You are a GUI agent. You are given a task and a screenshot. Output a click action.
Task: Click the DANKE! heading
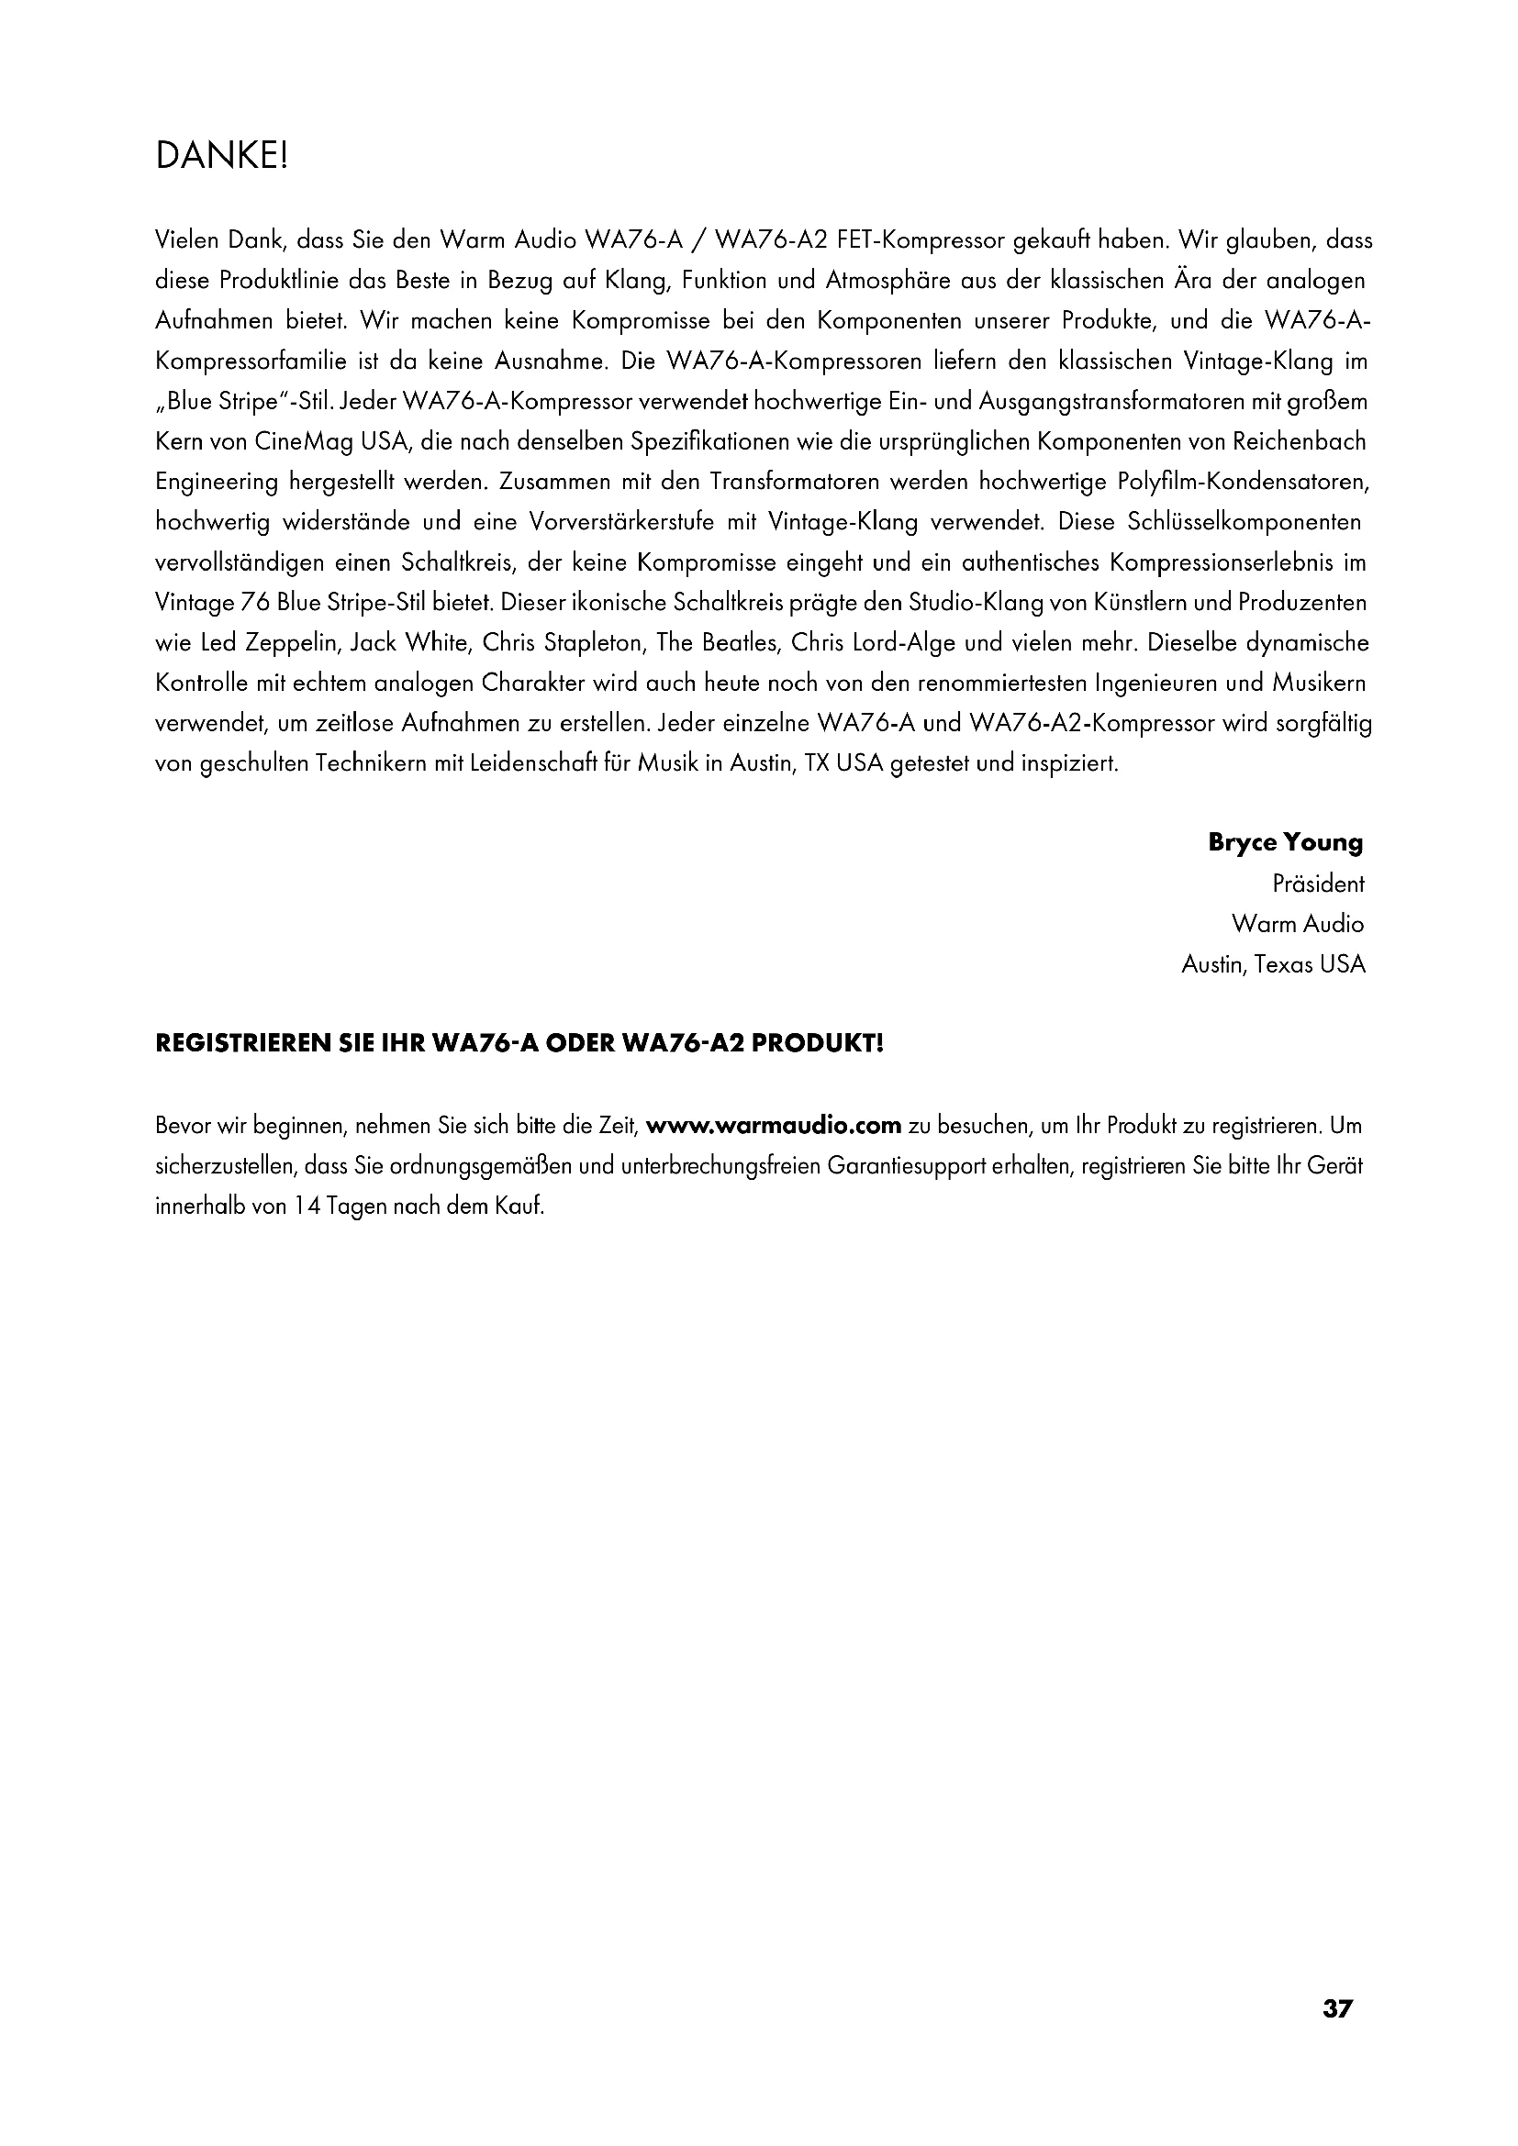click(222, 156)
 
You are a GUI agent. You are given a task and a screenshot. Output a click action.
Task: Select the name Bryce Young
click(1285, 842)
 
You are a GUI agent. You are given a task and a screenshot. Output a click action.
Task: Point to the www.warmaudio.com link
click(774, 1126)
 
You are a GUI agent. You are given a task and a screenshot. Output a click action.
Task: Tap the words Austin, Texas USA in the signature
click(1273, 964)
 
